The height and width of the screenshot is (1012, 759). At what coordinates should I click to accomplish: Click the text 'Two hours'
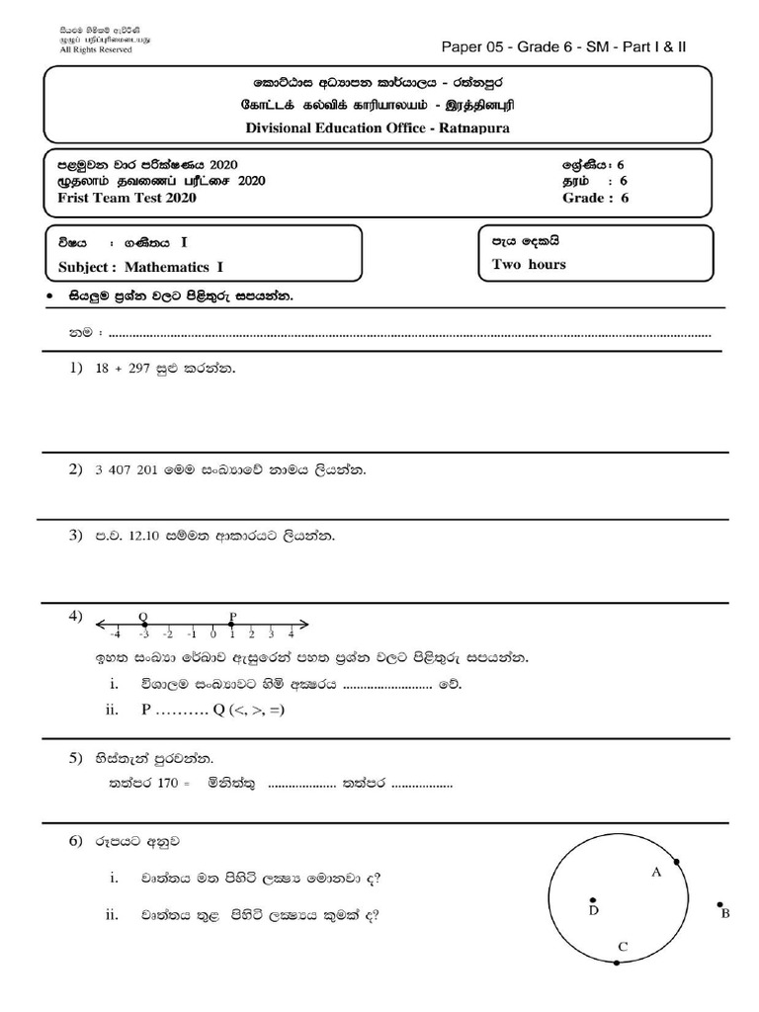point(529,264)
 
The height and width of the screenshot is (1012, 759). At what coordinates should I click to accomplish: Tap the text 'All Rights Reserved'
point(96,49)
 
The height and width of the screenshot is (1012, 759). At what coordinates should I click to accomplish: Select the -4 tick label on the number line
point(116,634)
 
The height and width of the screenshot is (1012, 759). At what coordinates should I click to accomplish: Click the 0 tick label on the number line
point(212,634)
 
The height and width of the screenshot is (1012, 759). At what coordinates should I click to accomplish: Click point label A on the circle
point(655,872)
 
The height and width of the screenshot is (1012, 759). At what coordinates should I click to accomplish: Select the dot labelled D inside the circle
point(592,901)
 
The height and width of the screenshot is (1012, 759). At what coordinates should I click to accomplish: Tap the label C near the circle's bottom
point(622,947)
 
